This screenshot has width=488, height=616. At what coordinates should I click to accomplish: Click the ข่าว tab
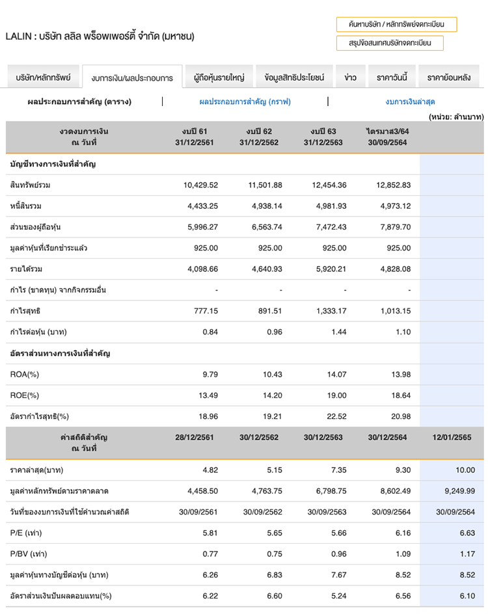[350, 77]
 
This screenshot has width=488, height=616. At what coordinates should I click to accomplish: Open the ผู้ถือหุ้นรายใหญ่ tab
[219, 77]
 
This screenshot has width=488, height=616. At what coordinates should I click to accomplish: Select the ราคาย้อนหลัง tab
[448, 77]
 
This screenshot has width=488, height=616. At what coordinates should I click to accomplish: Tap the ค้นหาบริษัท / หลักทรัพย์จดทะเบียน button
[396, 25]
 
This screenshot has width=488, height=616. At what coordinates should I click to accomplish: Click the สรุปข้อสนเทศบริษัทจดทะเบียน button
[390, 44]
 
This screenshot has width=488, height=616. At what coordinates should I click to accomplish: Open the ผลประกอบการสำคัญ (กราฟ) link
[245, 101]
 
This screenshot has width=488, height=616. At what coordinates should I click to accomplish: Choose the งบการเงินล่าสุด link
[410, 101]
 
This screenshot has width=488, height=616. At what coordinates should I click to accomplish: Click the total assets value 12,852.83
[393, 185]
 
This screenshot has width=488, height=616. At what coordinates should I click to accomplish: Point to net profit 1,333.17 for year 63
[329, 311]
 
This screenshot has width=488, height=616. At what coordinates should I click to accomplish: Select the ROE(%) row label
[25, 395]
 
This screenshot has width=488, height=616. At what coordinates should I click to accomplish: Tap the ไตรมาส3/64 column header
[387, 137]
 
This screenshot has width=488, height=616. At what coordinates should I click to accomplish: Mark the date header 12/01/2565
[452, 437]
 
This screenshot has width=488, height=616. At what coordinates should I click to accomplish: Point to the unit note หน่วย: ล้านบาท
[455, 116]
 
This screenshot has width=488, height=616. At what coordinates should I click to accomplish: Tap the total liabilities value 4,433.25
[200, 206]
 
